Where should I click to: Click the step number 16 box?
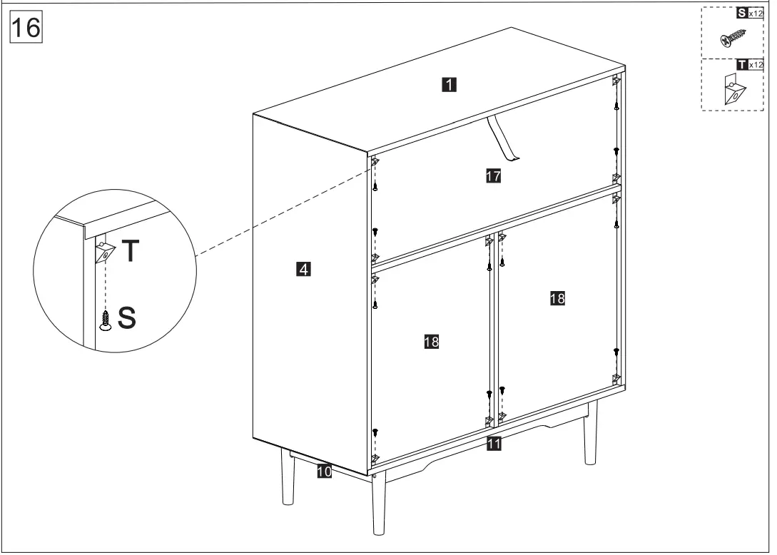26,29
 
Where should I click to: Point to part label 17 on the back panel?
493,176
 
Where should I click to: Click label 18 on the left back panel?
431,342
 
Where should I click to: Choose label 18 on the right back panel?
557,299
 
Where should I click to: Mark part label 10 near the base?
324,471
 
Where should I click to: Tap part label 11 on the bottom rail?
493,444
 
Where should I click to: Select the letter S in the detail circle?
126,318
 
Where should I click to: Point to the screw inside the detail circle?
106,320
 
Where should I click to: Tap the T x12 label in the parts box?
748,65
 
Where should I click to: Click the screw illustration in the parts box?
732,36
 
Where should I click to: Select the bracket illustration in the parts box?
733,91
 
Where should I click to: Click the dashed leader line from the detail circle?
278,210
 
